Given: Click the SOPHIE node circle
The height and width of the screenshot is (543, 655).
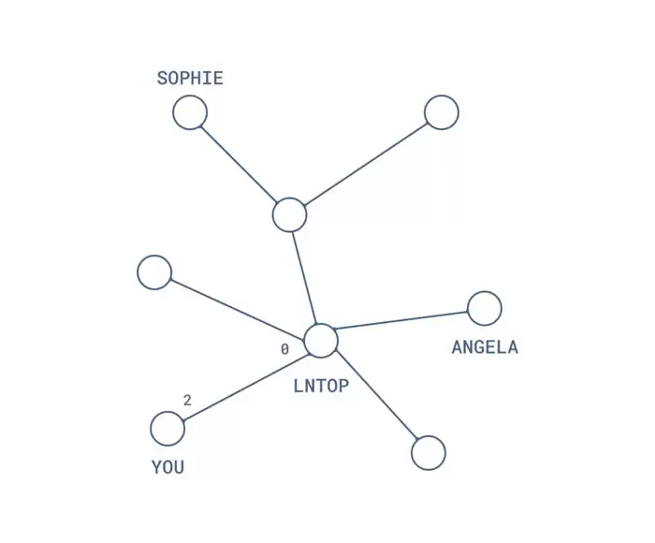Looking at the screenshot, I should pos(190,113).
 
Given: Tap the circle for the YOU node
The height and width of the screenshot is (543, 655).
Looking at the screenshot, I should pos(167,429).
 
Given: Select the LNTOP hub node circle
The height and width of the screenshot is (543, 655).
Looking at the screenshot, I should pos(321,341).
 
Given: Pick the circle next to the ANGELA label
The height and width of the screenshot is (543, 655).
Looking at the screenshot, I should pos(485,308).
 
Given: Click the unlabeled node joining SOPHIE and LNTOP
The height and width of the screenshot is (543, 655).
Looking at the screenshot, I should pos(290,214).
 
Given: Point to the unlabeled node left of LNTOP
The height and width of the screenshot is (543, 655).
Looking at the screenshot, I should pos(154,272).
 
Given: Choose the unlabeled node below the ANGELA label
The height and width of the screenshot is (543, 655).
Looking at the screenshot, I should pos(429,452).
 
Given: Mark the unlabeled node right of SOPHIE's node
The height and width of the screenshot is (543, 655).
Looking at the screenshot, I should pos(442,112).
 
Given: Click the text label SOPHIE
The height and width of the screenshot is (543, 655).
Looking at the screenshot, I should pos(190,79).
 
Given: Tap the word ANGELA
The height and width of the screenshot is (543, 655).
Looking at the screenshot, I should pos(485,348).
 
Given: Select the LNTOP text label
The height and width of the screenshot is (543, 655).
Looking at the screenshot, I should pos(322,385).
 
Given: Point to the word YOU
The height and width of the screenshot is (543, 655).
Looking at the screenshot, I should pos(168,467).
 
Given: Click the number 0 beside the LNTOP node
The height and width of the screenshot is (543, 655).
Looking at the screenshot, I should pos(284,349).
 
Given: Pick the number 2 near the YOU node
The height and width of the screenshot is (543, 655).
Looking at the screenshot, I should pos(187,401).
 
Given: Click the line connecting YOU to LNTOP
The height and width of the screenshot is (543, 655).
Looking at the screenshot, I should pos(245,385).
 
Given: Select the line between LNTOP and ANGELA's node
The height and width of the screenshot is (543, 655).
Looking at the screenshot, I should pos(402,319).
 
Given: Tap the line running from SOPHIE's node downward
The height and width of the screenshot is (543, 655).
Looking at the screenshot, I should pos(240,164).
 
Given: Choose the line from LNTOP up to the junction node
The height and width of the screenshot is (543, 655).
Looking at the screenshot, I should pos(305,277).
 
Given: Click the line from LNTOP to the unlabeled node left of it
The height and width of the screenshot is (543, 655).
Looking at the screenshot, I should pos(238,307).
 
